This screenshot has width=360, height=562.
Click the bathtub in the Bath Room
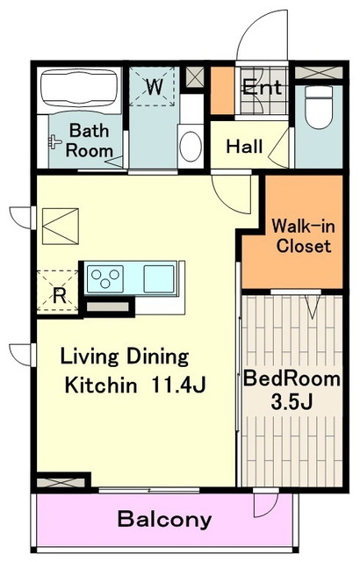79,90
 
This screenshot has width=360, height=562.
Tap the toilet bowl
319,107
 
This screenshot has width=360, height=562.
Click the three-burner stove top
105,278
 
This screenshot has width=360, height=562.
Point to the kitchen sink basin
159,278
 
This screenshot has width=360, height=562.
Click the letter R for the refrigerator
60,296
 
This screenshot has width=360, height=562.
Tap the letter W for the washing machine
155,86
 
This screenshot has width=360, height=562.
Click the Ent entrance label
263,87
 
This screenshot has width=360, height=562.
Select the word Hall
245,147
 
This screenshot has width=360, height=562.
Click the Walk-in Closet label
303,236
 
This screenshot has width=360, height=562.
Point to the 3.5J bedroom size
292,402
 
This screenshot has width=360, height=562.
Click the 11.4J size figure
178,385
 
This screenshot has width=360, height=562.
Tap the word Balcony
165,519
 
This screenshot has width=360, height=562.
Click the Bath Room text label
90,140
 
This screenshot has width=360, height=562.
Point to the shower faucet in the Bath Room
54,142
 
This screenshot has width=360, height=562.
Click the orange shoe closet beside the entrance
222,90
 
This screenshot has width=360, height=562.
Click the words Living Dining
125,357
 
